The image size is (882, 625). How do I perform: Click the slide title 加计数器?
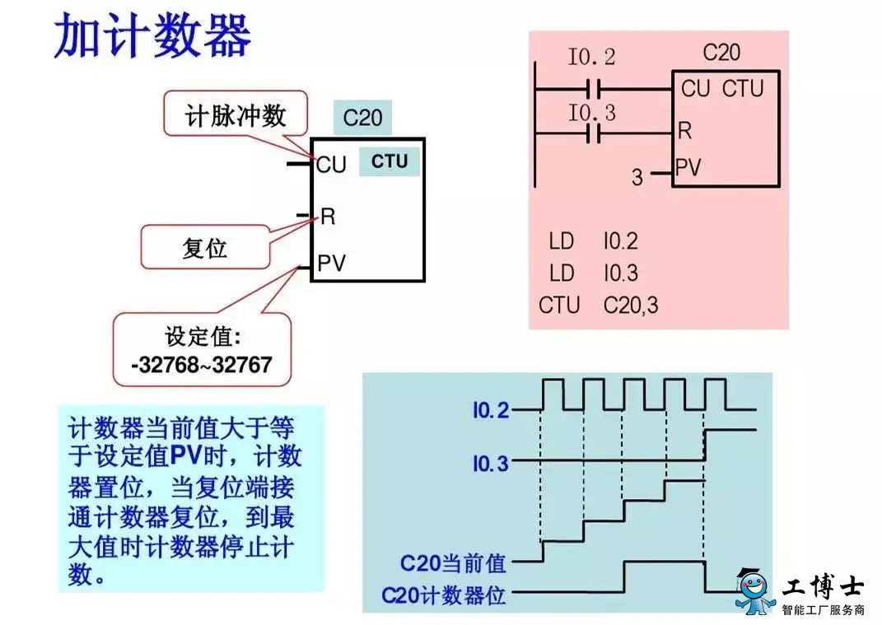coord(152,35)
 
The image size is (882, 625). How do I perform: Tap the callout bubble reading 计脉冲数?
coord(236,114)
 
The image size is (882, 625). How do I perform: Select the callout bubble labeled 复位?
coord(205,247)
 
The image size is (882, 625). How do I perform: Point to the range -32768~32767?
coord(202,365)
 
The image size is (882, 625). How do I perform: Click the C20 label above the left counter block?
coord(362,118)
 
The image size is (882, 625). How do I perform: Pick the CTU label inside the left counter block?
coord(390,161)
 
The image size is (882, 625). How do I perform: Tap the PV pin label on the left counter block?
coord(331,263)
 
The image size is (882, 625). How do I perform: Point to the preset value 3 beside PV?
coord(637,177)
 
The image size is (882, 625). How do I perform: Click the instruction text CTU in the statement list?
coord(558,305)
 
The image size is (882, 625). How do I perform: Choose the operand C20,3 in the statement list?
coord(631,306)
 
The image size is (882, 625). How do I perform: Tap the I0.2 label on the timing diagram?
coord(491,410)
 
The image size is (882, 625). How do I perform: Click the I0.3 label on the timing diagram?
coord(491,463)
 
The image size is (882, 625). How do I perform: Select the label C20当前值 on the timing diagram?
coord(454,562)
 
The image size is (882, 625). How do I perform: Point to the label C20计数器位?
coord(444,595)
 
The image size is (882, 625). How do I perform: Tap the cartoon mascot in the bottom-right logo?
coord(755,592)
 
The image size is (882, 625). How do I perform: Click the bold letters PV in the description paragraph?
coord(185,455)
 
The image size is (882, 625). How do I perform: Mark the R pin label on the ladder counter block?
coord(684,130)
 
